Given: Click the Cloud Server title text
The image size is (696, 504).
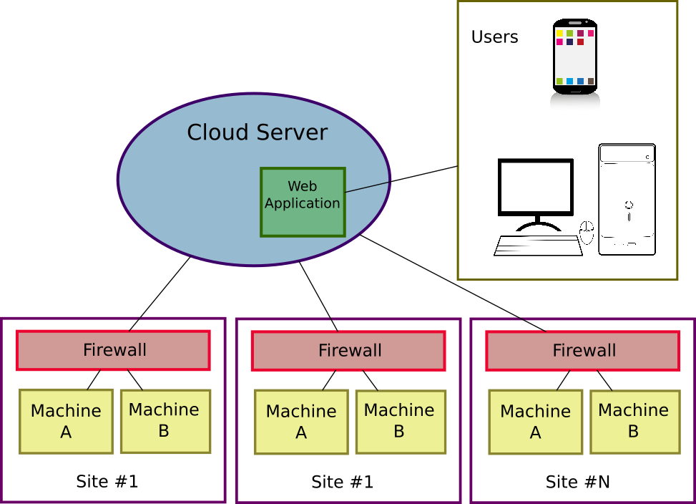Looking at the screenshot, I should (x=257, y=132).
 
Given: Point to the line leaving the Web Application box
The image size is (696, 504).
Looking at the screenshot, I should (x=367, y=187).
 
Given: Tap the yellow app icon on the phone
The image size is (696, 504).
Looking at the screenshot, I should (x=559, y=33).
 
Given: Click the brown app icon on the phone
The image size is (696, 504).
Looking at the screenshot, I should (x=591, y=82).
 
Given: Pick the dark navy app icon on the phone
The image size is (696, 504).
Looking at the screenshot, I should (x=569, y=42).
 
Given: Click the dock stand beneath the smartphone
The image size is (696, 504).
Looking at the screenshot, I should (x=575, y=102).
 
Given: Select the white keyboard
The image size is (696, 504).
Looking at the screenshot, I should (x=538, y=246).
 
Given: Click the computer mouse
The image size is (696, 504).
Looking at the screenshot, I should (x=587, y=232).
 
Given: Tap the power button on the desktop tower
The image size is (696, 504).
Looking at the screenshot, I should (x=629, y=205).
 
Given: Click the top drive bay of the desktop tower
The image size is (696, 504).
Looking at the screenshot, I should (x=627, y=155).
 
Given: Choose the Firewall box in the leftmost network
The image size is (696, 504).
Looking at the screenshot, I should (x=113, y=350).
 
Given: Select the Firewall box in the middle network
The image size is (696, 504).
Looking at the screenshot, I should (x=348, y=351).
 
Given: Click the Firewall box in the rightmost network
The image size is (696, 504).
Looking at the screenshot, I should (x=583, y=351).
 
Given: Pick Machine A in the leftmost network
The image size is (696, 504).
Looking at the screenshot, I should (x=66, y=422).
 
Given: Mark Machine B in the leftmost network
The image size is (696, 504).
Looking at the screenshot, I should (x=165, y=421).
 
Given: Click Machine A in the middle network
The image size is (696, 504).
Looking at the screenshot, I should (x=301, y=422).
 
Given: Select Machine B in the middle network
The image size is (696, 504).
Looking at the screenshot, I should (x=400, y=421).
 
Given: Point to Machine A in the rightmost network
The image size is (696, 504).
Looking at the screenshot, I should (x=535, y=422).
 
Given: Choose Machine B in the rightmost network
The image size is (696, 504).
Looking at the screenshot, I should (x=634, y=421).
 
